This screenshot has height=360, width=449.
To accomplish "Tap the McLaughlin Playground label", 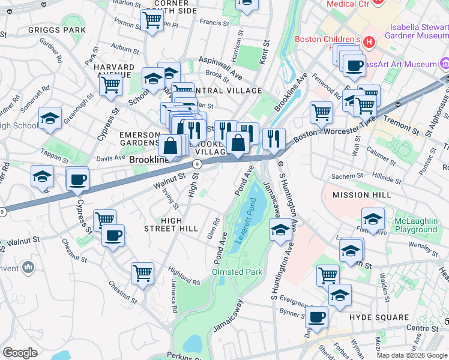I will tap(415, 225).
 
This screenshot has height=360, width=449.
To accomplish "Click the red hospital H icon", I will tap(369, 41).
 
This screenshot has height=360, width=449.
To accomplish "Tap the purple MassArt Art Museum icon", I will tap(445, 64).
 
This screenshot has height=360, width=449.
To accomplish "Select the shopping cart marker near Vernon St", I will tap(152, 20).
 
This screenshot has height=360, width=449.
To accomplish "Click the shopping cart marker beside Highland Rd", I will tap(143, 274).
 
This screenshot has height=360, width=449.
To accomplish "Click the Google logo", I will tap(20, 353).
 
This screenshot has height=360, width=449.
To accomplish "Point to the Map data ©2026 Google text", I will tap(412, 355).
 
